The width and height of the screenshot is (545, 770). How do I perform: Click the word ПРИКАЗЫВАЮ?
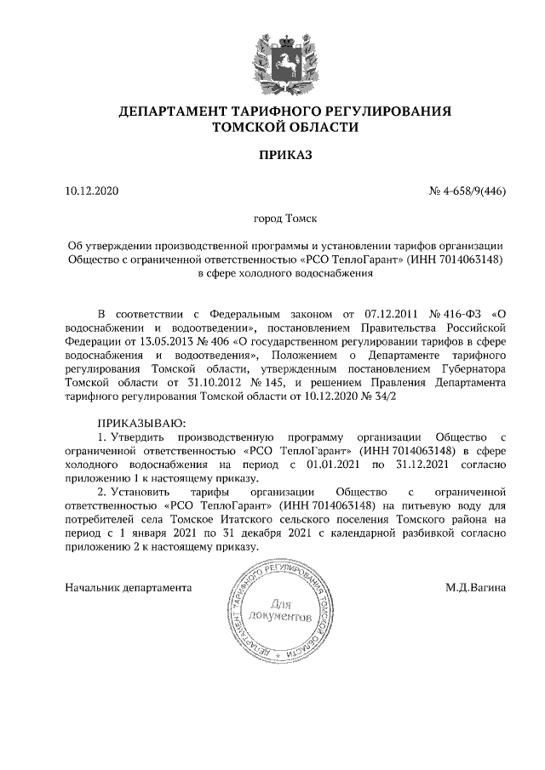pos(141,423)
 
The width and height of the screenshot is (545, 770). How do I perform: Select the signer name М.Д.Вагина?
pos(475,586)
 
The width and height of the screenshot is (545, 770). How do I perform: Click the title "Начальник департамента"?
pos(129,586)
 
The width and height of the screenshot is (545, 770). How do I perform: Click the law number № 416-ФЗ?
pos(451,313)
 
